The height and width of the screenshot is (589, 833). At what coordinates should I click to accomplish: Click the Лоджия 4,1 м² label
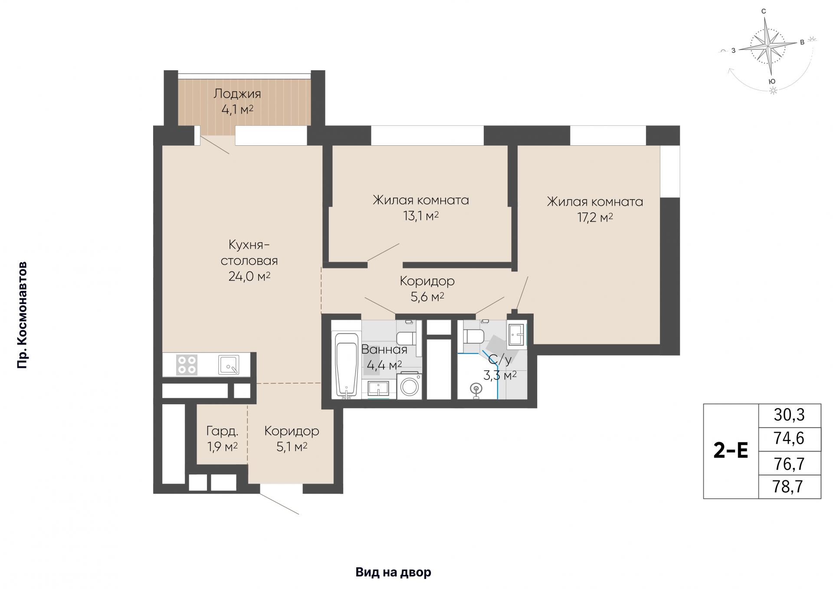(237, 101)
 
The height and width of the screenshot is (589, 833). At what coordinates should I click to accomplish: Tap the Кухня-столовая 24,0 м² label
(249, 260)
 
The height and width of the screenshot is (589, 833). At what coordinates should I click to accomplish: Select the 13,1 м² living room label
(421, 208)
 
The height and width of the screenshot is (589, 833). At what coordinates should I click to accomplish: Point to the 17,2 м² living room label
(595, 209)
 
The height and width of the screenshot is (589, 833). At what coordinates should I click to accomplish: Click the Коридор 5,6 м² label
(427, 289)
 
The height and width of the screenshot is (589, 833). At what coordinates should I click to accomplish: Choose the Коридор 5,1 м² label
(292, 438)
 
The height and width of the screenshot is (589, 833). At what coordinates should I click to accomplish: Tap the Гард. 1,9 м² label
(222, 438)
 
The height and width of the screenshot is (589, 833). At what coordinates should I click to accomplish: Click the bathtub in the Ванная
(346, 365)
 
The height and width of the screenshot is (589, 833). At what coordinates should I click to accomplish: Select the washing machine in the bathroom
(410, 385)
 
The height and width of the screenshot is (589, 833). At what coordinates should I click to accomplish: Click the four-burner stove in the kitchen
(187, 365)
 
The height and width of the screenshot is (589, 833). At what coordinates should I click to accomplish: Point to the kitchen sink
(229, 364)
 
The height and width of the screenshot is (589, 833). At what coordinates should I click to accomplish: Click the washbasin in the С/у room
(516, 334)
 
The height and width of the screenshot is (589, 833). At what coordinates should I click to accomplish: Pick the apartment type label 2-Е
(731, 451)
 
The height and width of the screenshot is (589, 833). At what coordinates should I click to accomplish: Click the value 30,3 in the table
(789, 415)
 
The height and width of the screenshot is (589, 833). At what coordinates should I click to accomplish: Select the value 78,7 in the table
(788, 487)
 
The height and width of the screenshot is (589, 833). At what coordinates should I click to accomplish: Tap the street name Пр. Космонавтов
(22, 315)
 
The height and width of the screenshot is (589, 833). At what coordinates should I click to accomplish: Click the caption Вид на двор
(394, 573)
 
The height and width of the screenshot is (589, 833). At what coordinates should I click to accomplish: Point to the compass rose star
(768, 46)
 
